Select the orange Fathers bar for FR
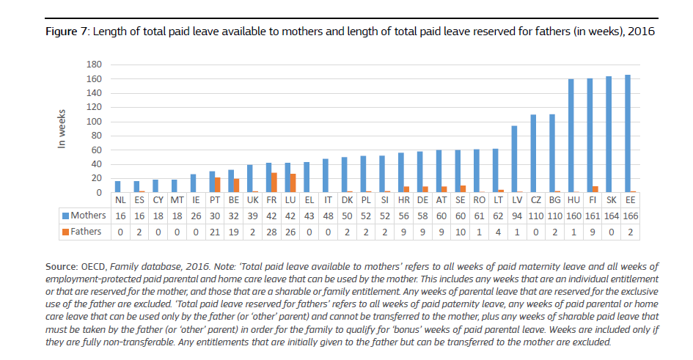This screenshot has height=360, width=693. [274, 183]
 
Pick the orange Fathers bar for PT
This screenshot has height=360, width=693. [218, 185]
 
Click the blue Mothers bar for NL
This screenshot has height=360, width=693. [117, 187]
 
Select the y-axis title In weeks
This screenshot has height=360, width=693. [64, 129]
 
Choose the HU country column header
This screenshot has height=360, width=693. [572, 199]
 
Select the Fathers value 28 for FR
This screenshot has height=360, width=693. [270, 232]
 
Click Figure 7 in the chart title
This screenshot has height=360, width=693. [66, 32]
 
